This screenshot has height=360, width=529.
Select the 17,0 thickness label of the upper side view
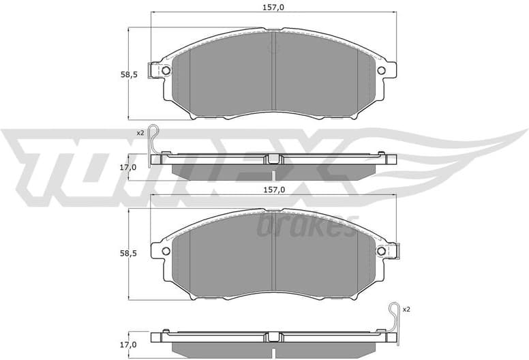(129, 166)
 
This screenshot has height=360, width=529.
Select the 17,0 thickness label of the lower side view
(129, 345)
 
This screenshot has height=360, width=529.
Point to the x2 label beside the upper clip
(140, 132)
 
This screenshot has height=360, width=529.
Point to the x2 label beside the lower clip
(406, 310)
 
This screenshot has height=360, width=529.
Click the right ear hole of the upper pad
(381, 70)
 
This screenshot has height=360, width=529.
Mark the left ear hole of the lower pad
(166, 251)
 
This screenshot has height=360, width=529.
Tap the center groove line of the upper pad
(273, 75)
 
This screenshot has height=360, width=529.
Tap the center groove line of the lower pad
(273, 256)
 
